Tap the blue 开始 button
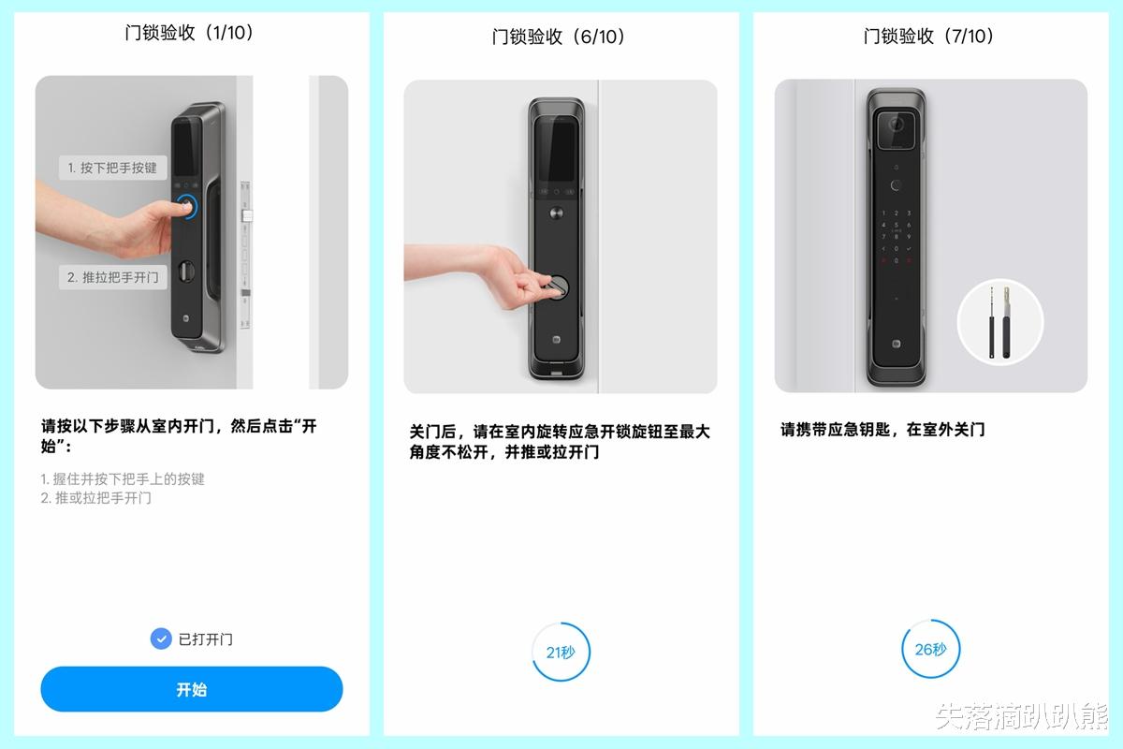coord(192,689)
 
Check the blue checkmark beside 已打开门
coord(161,639)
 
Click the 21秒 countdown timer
coord(561,652)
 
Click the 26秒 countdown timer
coord(930,649)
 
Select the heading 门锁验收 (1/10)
coord(189,33)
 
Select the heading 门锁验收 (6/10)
coord(559,37)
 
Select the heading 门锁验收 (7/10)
coord(928,37)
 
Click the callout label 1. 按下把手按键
coord(113,168)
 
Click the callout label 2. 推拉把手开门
coord(113,277)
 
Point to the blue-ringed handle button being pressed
coord(186,207)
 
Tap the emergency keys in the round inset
coord(999,321)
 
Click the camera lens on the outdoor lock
coord(896,124)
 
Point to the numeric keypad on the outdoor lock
coord(896,236)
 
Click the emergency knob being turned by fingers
coord(557,286)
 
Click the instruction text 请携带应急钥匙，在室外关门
coord(882,430)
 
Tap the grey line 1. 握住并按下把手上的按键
coord(123,479)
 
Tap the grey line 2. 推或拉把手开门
coord(95,498)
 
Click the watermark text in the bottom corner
coord(1021,716)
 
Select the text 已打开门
coord(206,639)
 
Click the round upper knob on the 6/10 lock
coord(556,213)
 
